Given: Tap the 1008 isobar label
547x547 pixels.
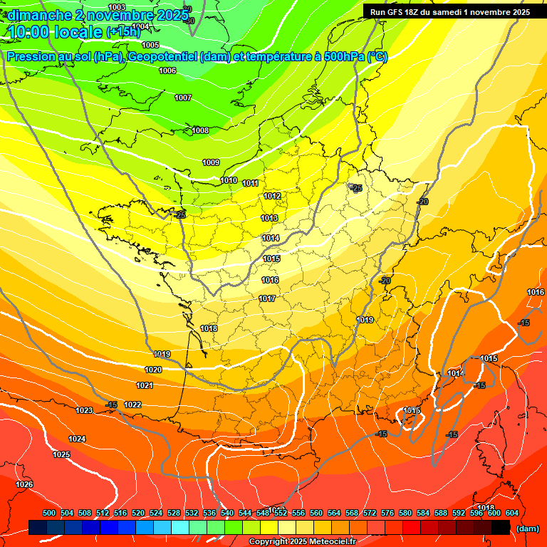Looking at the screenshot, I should [x=200, y=130].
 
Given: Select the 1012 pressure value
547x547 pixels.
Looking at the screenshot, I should [x=271, y=196].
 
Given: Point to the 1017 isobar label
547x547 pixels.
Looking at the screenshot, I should [x=267, y=298].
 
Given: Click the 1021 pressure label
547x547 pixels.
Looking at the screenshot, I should [x=145, y=385].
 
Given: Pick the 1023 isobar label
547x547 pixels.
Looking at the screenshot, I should [x=84, y=410].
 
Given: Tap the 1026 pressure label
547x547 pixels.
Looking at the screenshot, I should [x=24, y=484].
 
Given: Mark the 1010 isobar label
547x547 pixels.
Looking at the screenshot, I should [x=229, y=180].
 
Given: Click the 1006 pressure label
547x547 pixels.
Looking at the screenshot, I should [x=167, y=71].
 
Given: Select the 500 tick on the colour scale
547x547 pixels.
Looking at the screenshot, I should [x=49, y=513].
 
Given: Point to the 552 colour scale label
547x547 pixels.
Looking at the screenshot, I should [x=281, y=513].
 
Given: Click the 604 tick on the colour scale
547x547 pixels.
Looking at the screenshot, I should [x=511, y=513].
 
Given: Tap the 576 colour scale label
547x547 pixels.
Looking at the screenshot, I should [x=387, y=513].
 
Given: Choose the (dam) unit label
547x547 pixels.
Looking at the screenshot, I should [x=527, y=528].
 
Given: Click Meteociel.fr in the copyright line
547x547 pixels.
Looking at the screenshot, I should [x=329, y=541].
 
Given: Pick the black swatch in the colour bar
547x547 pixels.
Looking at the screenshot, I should [x=501, y=528].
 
